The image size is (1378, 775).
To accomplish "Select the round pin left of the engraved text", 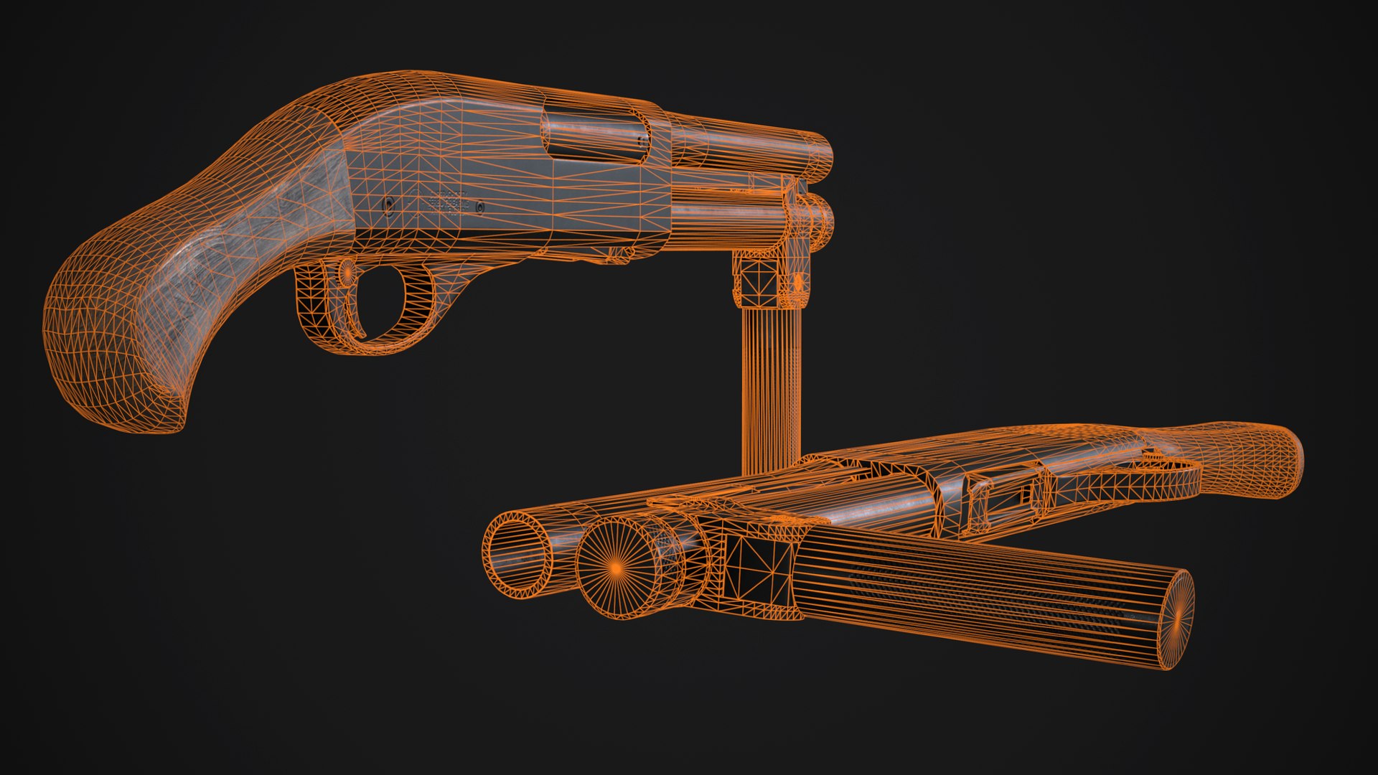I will pos(389,207).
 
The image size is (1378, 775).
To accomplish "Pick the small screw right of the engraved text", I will pos(480,207).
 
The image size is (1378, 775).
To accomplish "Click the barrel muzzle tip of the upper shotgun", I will pos(822,154).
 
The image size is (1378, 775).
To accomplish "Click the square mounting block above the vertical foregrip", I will pos(761,280).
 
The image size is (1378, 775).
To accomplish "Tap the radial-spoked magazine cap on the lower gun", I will pos(615,567).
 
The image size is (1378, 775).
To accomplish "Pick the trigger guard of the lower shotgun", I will pos(1120,477).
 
